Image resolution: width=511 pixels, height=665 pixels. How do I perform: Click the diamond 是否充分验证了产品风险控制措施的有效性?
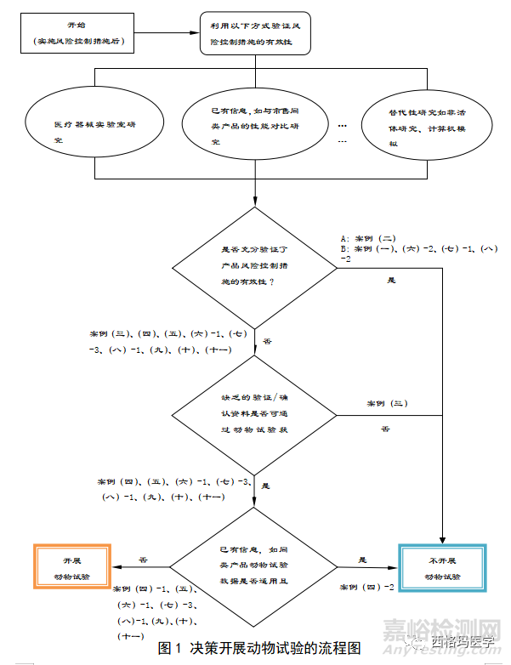pos(255,268)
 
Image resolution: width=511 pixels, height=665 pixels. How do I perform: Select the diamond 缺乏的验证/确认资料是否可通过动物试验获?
pos(255,415)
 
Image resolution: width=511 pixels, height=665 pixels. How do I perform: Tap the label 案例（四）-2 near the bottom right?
pos(366,588)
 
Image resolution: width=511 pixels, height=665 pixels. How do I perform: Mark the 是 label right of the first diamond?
pos(391,280)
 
